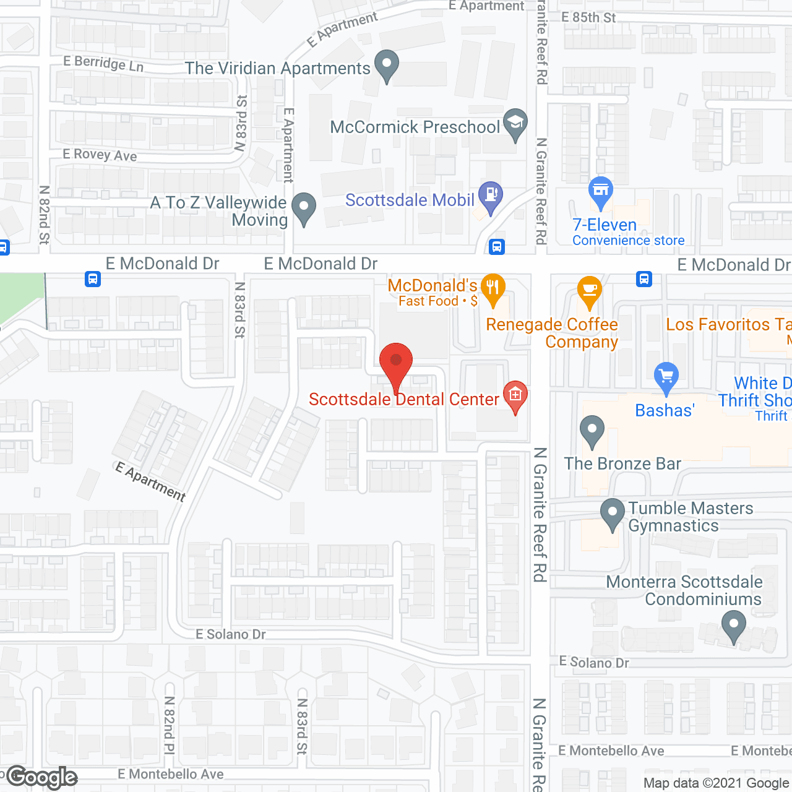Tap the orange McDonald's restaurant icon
(x=493, y=289)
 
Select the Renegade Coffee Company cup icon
(x=589, y=291)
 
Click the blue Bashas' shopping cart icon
(x=666, y=377)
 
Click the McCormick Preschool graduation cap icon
(x=515, y=123)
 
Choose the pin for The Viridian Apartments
(x=387, y=64)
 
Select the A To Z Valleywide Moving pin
(x=303, y=208)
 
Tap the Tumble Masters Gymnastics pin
(x=613, y=513)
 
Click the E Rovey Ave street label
(x=100, y=155)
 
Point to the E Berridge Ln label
(x=103, y=63)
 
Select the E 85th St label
(x=588, y=17)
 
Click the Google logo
(x=42, y=777)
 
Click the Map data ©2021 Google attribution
(x=717, y=783)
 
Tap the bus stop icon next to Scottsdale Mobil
(x=496, y=247)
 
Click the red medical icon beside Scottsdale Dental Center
(x=515, y=394)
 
